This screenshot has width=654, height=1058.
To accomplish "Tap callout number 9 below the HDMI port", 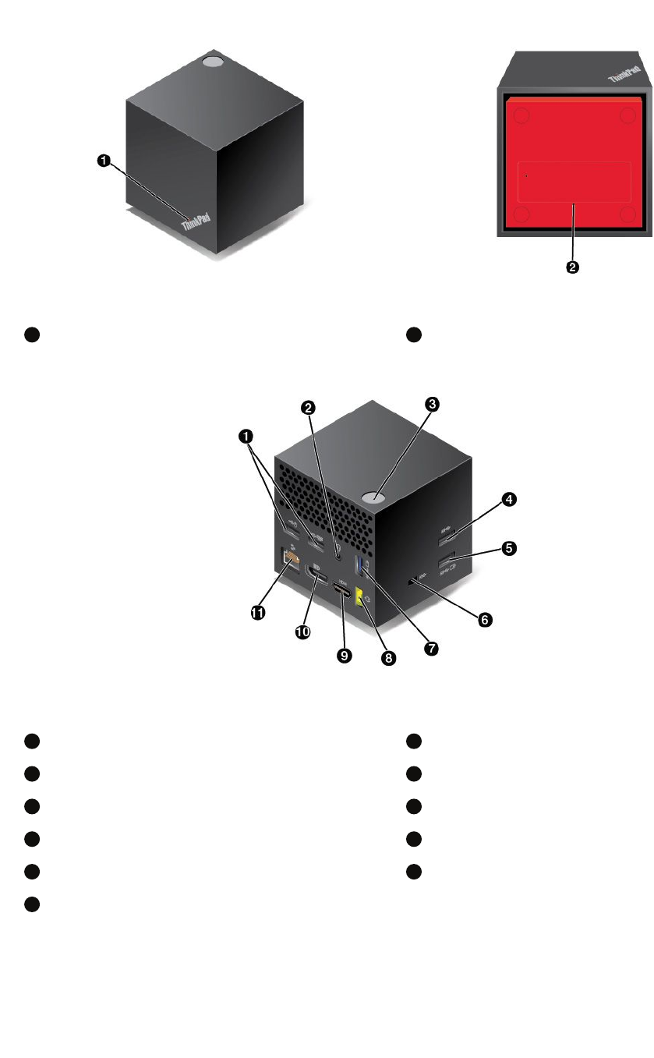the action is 342,656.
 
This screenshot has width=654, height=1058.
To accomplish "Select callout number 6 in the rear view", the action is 484,619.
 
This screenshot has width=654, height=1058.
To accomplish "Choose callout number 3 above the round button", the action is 433,404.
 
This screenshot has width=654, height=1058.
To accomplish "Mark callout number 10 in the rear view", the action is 303,632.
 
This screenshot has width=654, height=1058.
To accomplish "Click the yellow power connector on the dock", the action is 360,598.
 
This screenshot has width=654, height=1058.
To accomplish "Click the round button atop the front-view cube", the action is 212,60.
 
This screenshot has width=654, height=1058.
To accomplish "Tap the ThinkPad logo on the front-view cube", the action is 196,223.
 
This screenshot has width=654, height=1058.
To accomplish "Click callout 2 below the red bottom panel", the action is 572,267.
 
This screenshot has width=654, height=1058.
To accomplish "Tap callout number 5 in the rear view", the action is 507,548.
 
